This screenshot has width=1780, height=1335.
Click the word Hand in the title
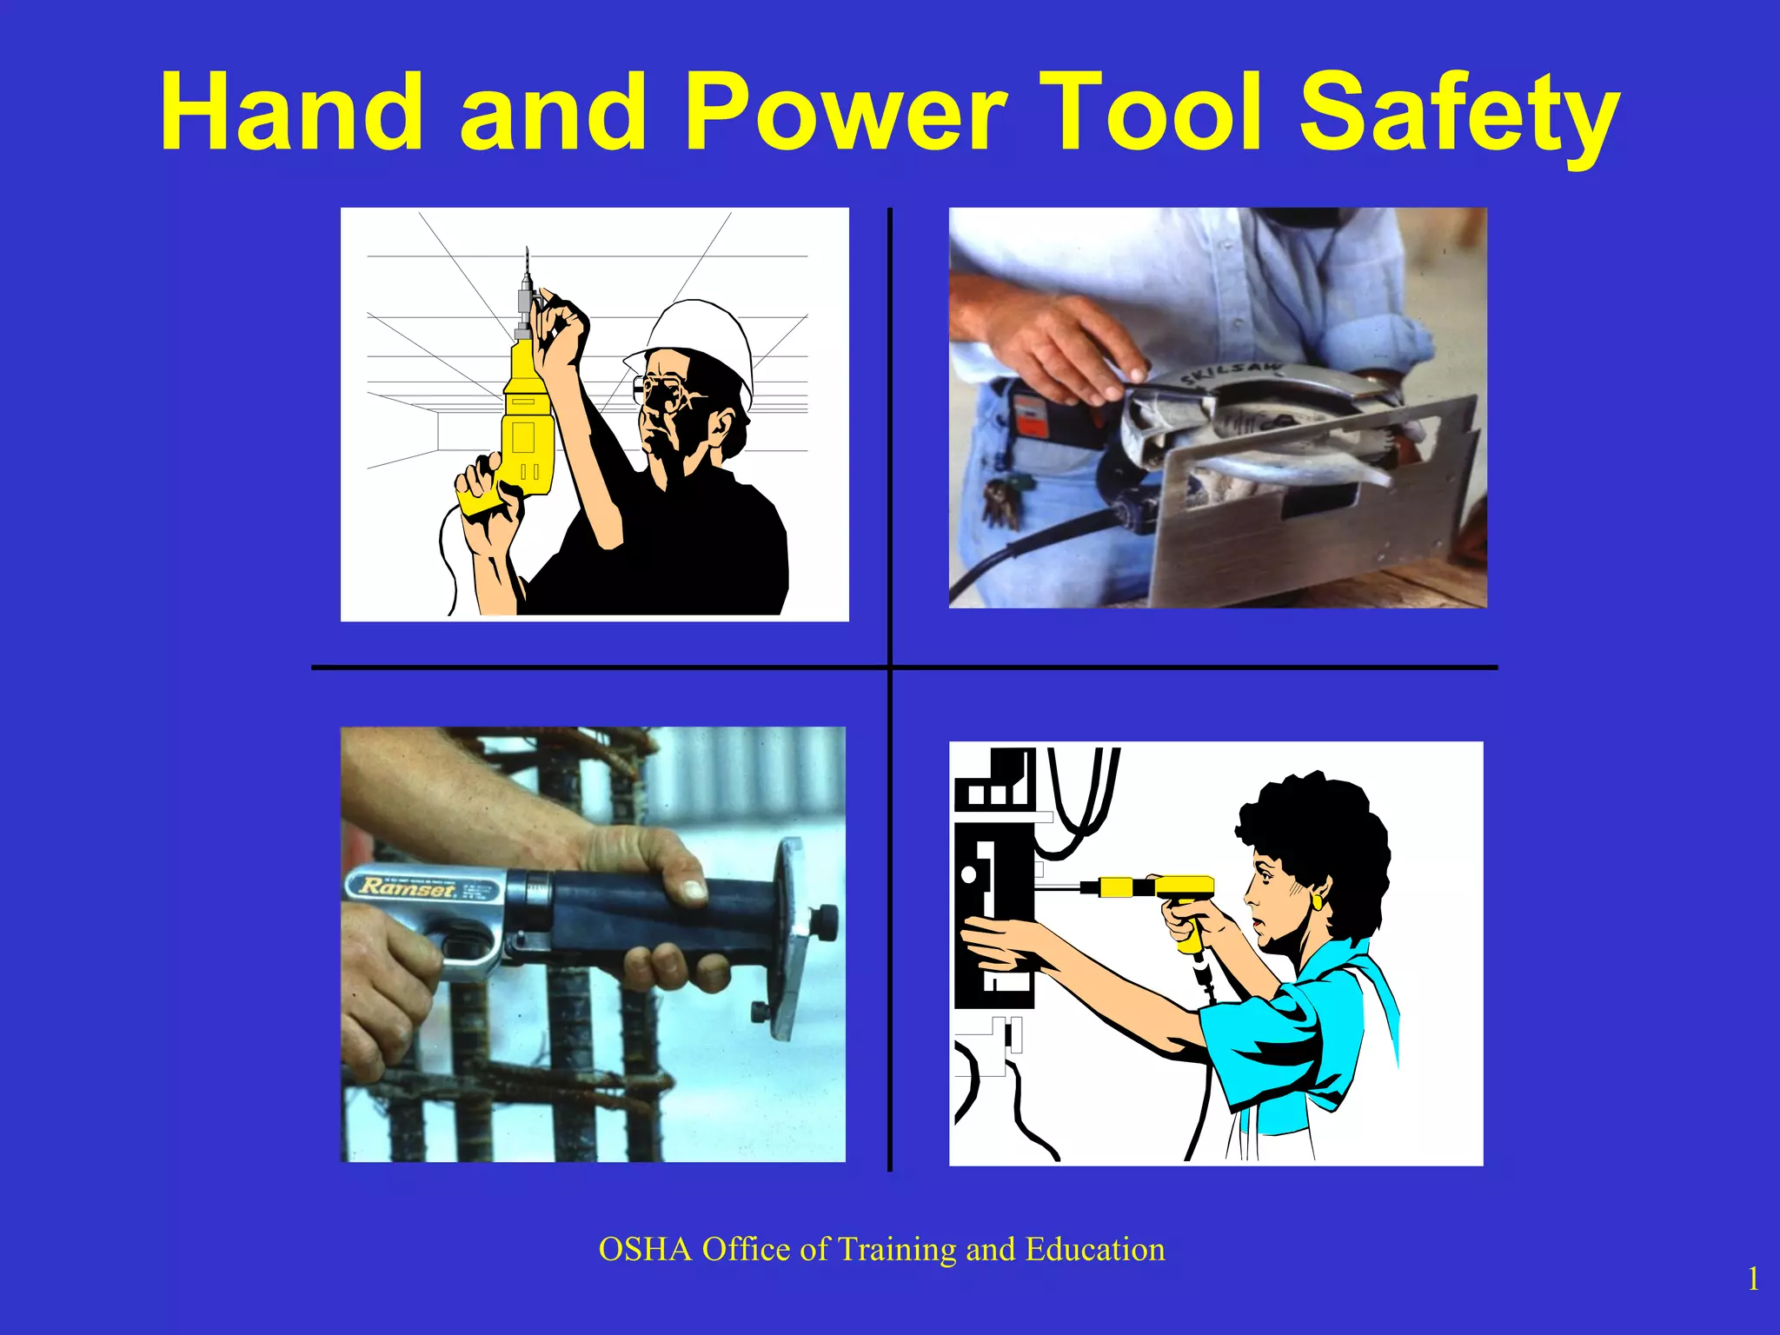(x=290, y=113)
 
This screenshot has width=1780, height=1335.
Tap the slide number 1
(x=1753, y=1279)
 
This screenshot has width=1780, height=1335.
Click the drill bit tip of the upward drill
(x=527, y=253)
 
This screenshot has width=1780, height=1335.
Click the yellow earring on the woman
(x=1318, y=902)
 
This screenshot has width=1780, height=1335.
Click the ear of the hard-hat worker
(x=723, y=426)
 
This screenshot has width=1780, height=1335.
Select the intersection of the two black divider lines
(x=890, y=667)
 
